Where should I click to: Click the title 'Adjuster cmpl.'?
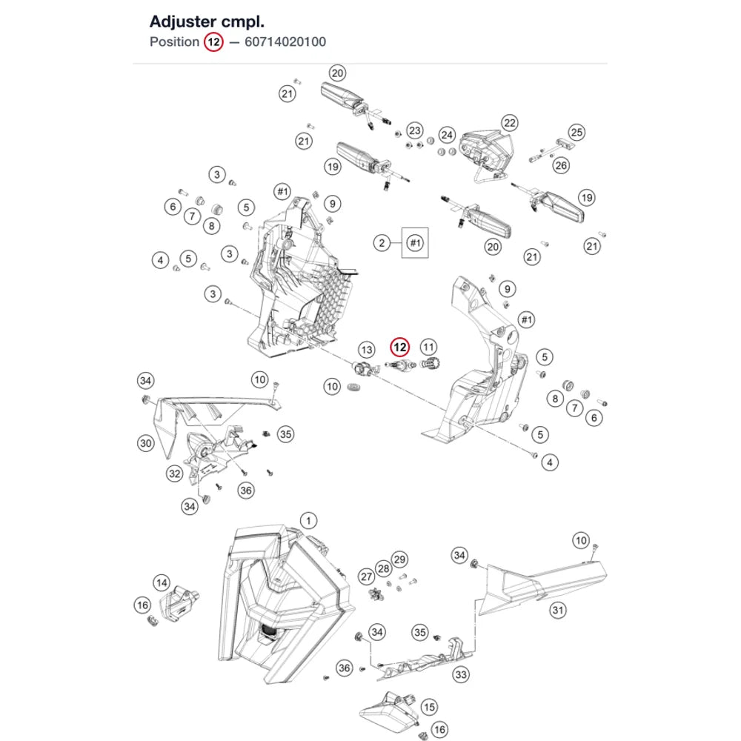pyautogui.click(x=207, y=21)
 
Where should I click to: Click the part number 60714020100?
pyautogui.click(x=285, y=42)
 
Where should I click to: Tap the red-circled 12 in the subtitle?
pyautogui.click(x=213, y=42)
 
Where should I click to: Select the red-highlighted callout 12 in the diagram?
pyautogui.click(x=400, y=348)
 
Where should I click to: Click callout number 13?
pyautogui.click(x=367, y=350)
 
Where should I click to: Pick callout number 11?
pyautogui.click(x=428, y=348)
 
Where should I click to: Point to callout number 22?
pyautogui.click(x=510, y=123)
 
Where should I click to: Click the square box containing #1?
pyautogui.click(x=415, y=243)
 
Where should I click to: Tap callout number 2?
pyautogui.click(x=382, y=243)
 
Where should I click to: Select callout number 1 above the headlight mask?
pyautogui.click(x=308, y=521)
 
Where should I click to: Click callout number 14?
pyautogui.click(x=162, y=582)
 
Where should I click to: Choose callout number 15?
pyautogui.click(x=429, y=707)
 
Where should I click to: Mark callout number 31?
pyautogui.click(x=558, y=610)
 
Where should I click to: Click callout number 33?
pyautogui.click(x=461, y=674)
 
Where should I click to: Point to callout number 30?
pyautogui.click(x=145, y=443)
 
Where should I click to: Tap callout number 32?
pyautogui.click(x=175, y=473)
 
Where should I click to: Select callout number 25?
pyautogui.click(x=576, y=133)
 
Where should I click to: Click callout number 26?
pyautogui.click(x=561, y=165)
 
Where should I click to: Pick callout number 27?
pyautogui.click(x=367, y=576)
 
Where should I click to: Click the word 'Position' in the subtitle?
pyautogui.click(x=174, y=42)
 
